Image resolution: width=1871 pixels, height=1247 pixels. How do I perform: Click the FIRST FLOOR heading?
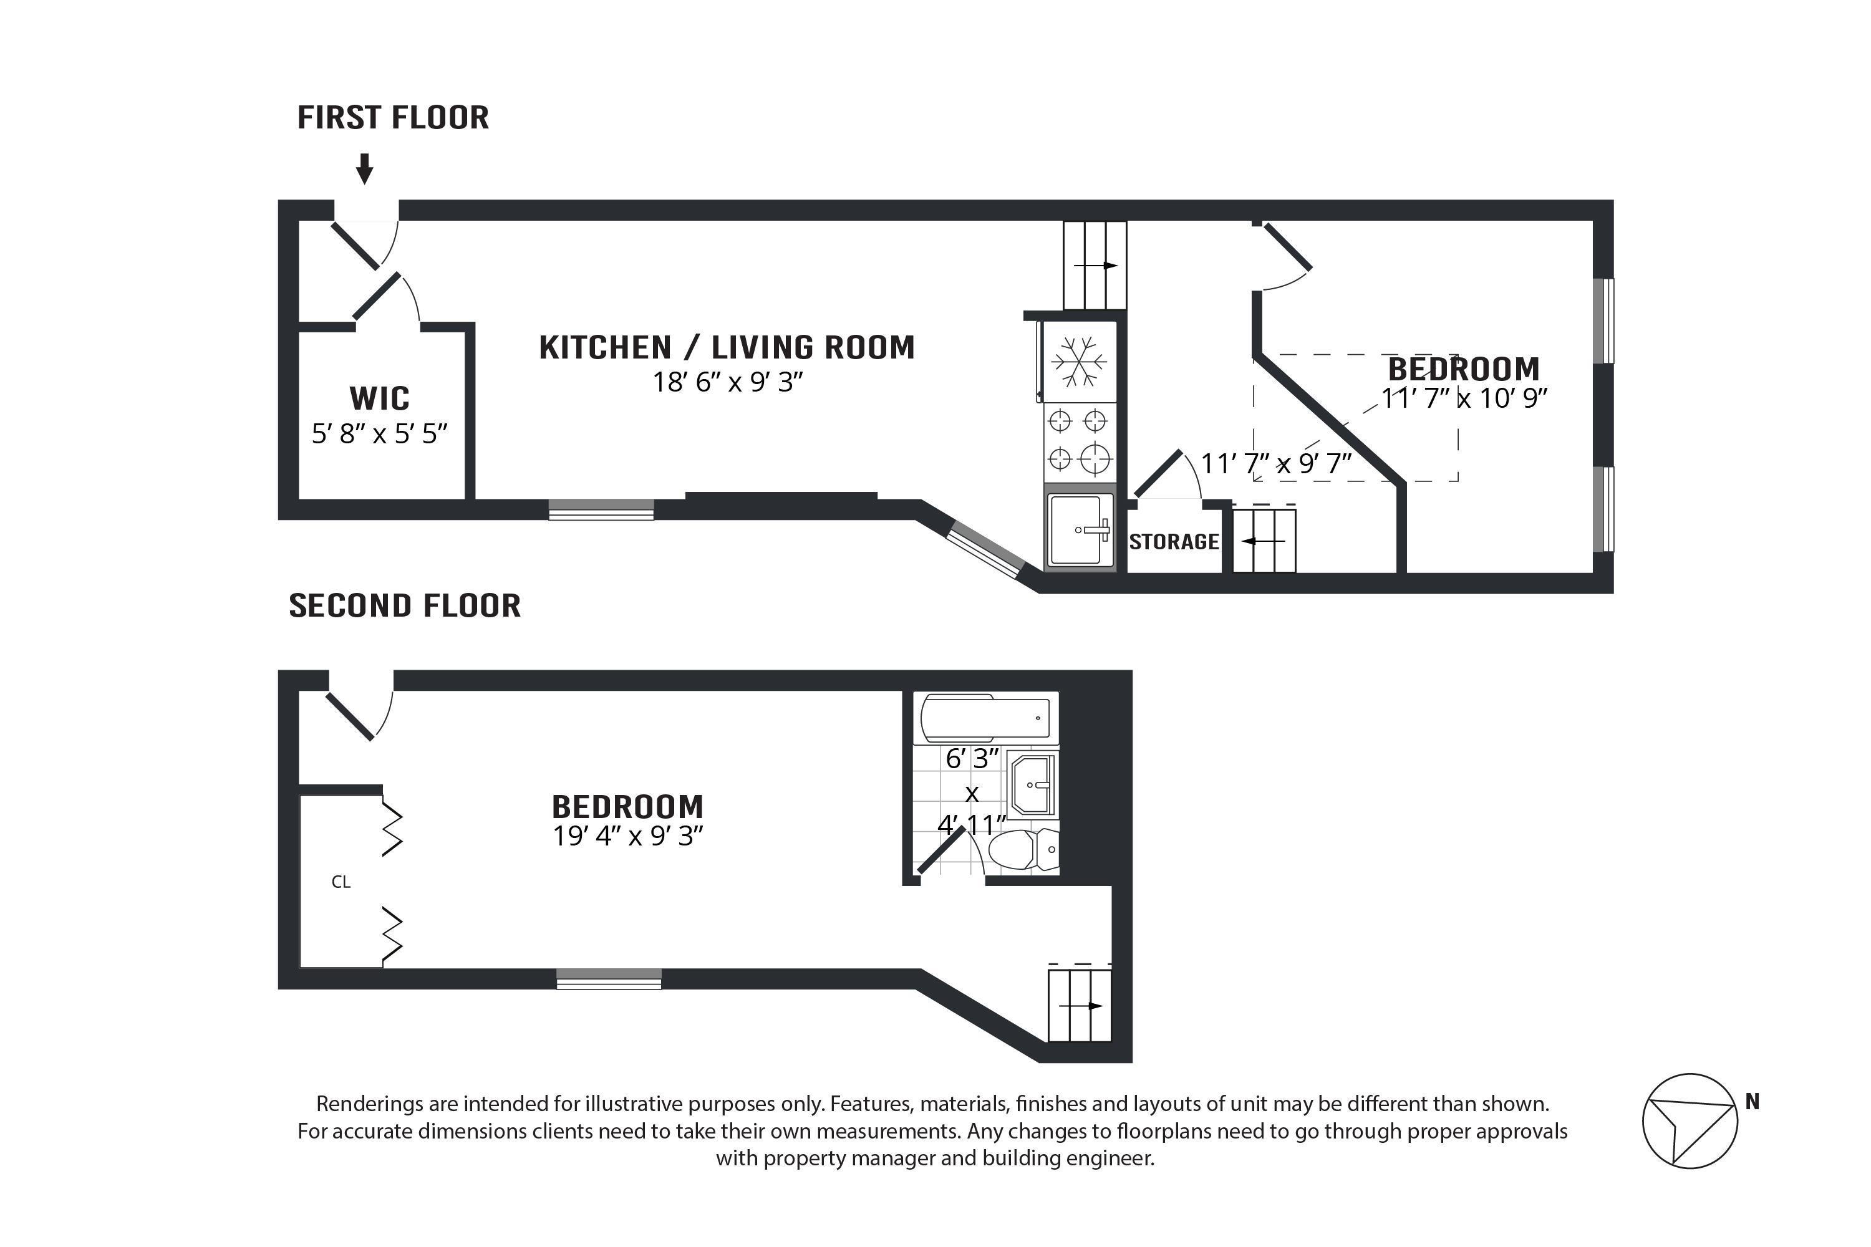click(393, 118)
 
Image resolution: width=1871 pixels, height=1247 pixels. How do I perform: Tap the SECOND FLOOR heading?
click(404, 606)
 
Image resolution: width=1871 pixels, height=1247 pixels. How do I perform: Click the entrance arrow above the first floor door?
click(364, 168)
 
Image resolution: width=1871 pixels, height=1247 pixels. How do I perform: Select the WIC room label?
click(379, 398)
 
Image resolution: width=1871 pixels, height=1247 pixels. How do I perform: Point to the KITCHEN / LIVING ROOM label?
click(727, 347)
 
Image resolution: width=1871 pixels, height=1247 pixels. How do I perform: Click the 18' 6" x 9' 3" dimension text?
click(727, 383)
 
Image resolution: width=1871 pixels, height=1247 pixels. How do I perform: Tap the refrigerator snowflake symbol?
click(1079, 362)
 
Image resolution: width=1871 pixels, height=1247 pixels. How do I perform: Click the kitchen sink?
click(1080, 529)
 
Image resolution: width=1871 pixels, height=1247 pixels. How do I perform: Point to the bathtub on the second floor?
click(985, 718)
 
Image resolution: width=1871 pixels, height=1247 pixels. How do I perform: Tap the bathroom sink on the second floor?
click(1032, 785)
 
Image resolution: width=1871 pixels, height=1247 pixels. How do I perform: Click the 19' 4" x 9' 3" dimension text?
click(627, 837)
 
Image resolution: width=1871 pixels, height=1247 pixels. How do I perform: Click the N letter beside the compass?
click(1752, 1102)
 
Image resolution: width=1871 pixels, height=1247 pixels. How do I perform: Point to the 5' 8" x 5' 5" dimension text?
click(379, 434)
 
